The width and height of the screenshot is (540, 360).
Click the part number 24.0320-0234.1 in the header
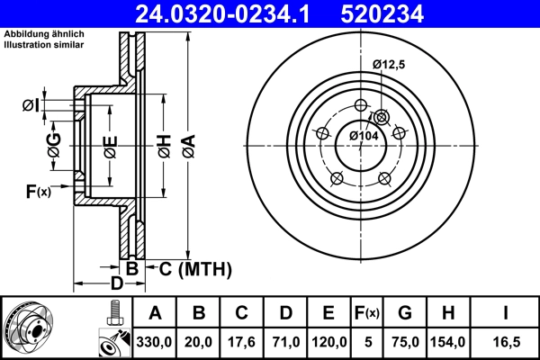tap(228, 13)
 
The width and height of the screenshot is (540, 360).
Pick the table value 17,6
tap(242, 342)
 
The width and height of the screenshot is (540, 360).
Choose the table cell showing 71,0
tap(285, 342)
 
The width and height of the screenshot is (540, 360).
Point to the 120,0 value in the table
tap(329, 342)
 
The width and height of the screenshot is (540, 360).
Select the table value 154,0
tap(451, 342)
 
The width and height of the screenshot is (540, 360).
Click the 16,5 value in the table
tap(505, 342)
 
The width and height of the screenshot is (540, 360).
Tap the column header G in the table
tap(405, 314)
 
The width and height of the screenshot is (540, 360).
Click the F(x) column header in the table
tap(367, 314)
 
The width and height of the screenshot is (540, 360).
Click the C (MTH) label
tap(195, 268)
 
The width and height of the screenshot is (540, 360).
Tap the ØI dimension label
tap(31, 106)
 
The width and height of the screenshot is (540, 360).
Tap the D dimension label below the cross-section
tap(116, 284)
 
